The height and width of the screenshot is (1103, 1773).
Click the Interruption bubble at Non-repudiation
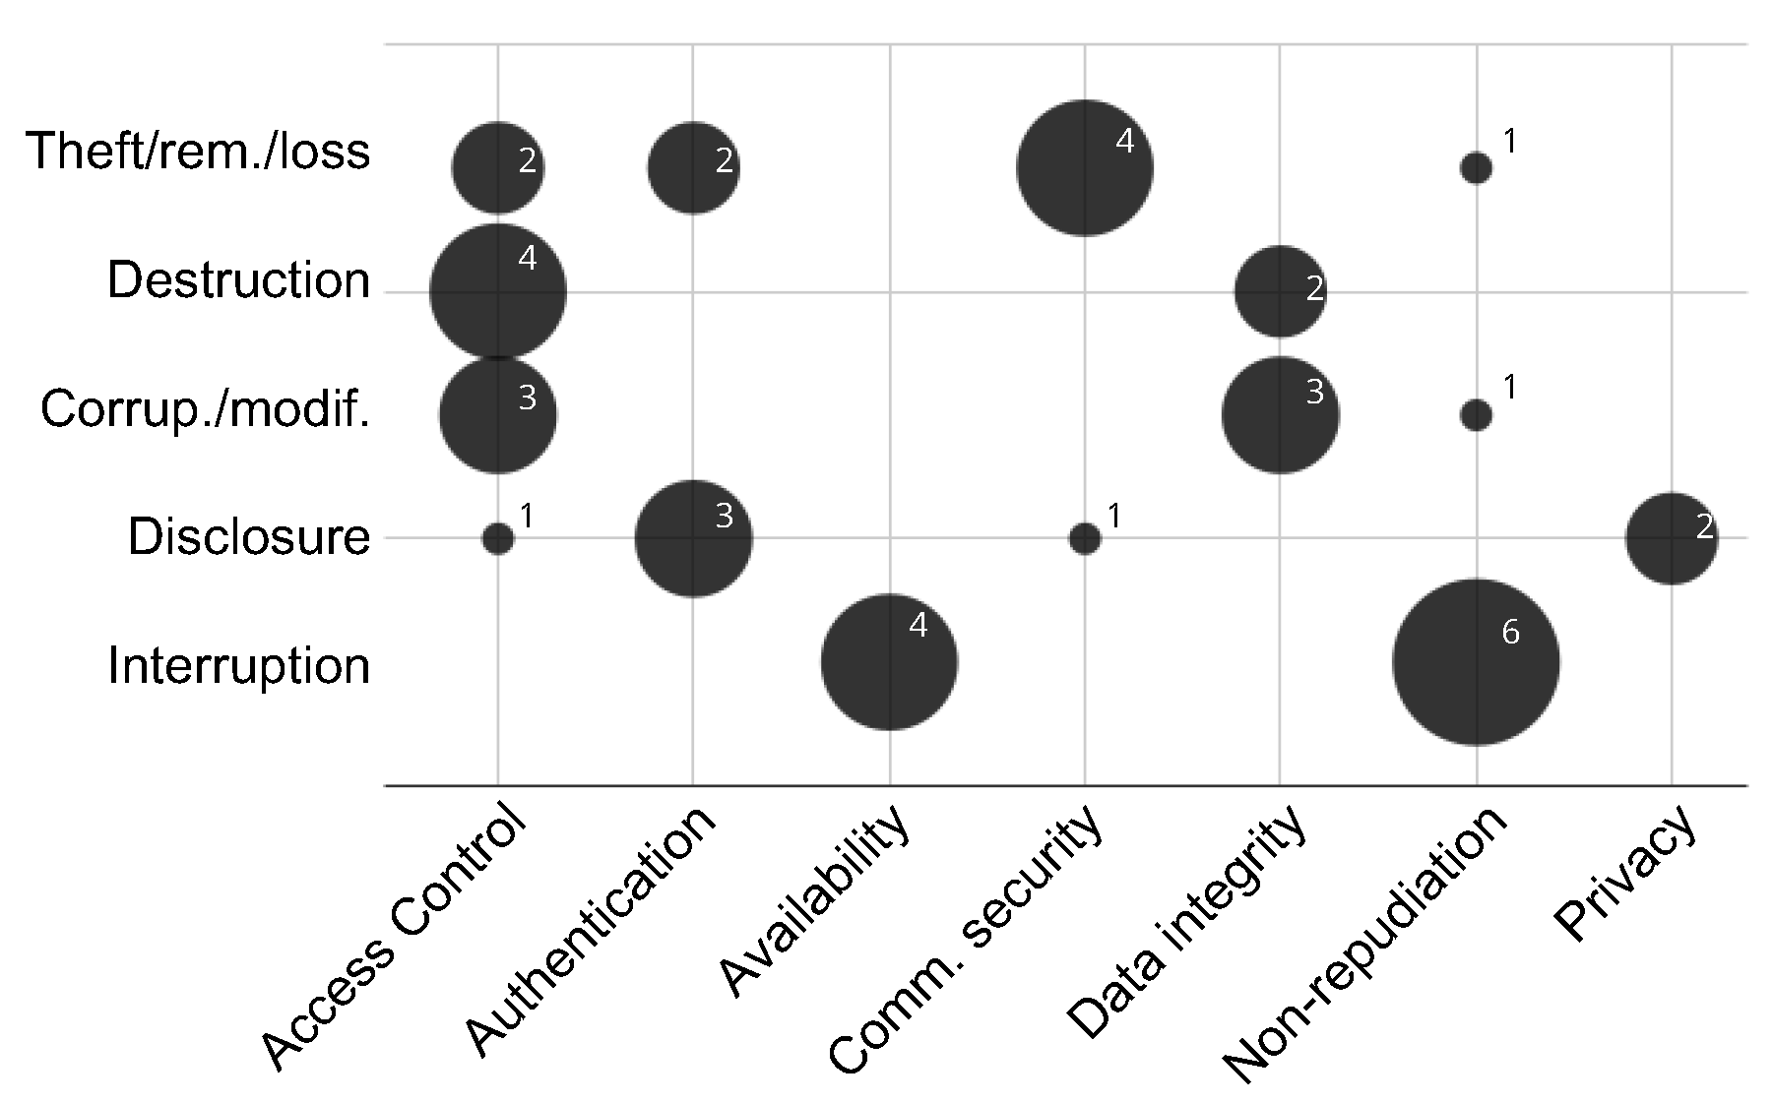(x=1475, y=662)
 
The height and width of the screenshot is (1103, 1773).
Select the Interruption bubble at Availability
(x=889, y=662)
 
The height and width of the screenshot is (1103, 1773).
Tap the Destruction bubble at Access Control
(x=498, y=292)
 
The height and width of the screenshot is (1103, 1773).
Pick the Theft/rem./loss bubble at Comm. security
(x=1084, y=168)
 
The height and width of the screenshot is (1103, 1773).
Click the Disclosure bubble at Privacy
(x=1671, y=538)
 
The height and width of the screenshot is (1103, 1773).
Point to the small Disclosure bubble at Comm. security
(x=1084, y=538)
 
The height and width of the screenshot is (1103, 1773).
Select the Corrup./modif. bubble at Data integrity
(x=1280, y=415)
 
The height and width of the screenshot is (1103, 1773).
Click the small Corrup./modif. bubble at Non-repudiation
(x=1475, y=415)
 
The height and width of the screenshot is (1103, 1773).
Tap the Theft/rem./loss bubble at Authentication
(x=693, y=168)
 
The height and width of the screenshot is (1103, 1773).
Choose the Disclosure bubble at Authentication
(x=693, y=538)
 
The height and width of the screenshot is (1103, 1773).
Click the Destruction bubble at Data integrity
(x=1280, y=292)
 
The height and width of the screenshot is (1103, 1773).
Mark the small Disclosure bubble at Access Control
(x=498, y=538)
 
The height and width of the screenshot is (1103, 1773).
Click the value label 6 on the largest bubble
(x=1510, y=633)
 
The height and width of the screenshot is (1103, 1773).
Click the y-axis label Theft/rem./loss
(x=198, y=152)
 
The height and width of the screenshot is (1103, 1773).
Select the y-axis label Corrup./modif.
(x=205, y=409)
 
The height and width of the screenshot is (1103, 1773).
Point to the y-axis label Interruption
(x=238, y=666)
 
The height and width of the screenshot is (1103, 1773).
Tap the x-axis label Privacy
(x=1624, y=874)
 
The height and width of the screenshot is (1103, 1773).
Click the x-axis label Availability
(x=813, y=900)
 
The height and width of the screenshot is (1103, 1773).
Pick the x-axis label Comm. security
(x=965, y=940)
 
